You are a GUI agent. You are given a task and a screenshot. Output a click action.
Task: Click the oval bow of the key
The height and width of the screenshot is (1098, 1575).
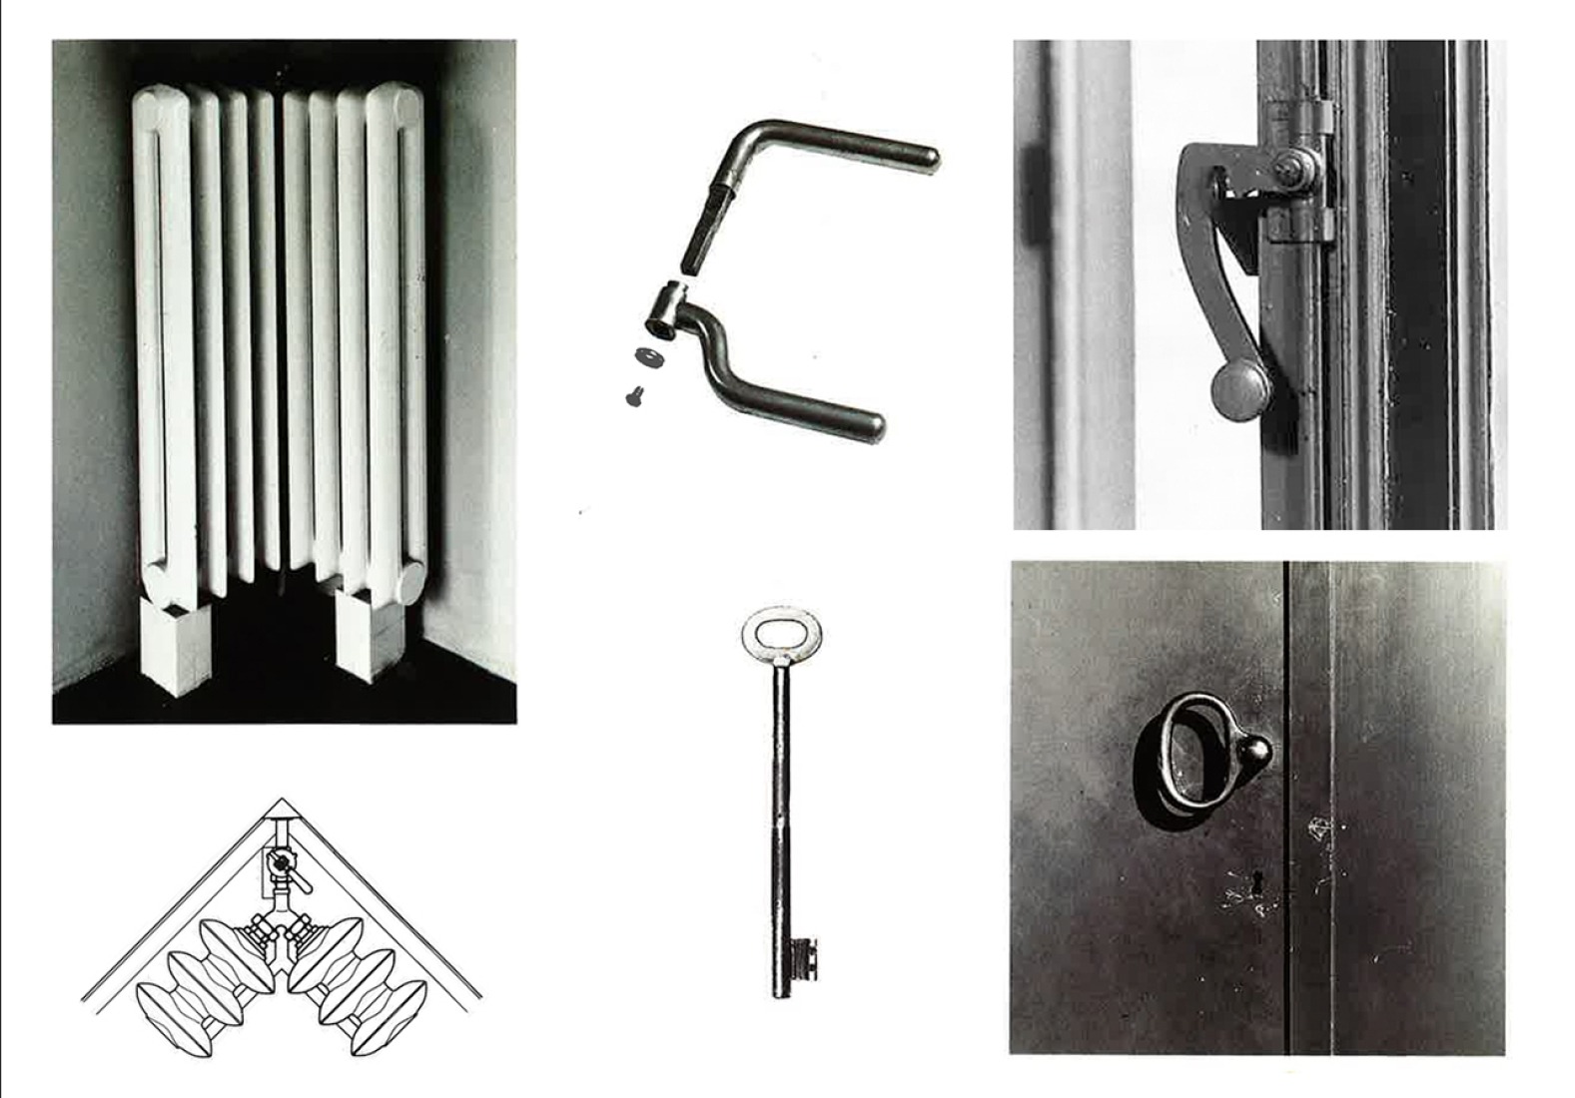point(780,632)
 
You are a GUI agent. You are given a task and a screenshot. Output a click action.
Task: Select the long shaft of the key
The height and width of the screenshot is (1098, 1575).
point(780,799)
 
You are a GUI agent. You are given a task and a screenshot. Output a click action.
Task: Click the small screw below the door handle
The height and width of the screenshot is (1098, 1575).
point(633,396)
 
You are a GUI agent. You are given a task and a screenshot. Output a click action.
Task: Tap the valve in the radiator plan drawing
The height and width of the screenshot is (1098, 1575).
point(284,864)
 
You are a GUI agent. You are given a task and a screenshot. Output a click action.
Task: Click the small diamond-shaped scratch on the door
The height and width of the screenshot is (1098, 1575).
point(1320,826)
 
